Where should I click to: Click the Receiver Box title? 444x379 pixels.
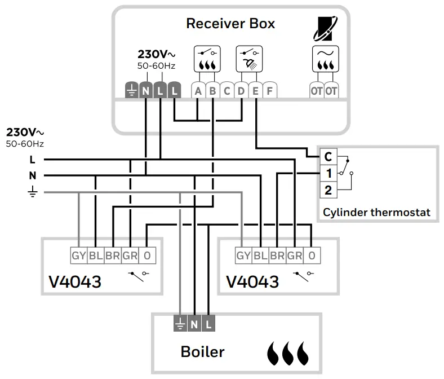pyautogui.click(x=230, y=24)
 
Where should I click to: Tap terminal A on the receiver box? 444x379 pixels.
pyautogui.click(x=198, y=91)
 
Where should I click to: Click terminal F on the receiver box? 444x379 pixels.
pyautogui.click(x=269, y=91)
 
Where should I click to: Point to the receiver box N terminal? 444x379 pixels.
pyautogui.click(x=146, y=91)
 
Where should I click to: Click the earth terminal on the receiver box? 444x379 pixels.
pyautogui.click(x=131, y=91)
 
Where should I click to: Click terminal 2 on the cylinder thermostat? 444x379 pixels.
pyautogui.click(x=328, y=190)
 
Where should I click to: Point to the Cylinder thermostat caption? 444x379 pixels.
pyautogui.click(x=376, y=213)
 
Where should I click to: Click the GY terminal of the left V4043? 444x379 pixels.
pyautogui.click(x=78, y=255)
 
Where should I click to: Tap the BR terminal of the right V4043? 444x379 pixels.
pyautogui.click(x=277, y=255)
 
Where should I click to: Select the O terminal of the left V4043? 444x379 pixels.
pyautogui.click(x=147, y=255)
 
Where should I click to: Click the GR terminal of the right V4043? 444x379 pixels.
pyautogui.click(x=294, y=255)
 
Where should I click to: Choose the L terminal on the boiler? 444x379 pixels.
pyautogui.click(x=208, y=324)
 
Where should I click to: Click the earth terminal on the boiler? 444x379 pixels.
pyautogui.click(x=180, y=324)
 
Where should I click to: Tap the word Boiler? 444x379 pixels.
pyautogui.click(x=202, y=351)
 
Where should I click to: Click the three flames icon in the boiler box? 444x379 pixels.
pyautogui.click(x=288, y=352)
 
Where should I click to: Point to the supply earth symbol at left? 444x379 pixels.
pyautogui.click(x=33, y=192)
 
